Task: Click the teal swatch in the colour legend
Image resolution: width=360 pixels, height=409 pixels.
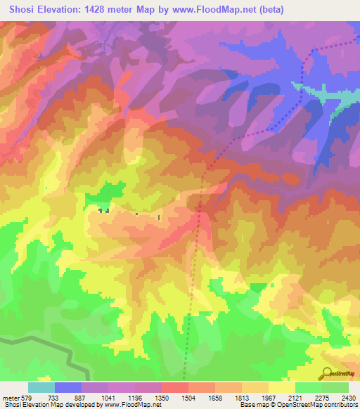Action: pyautogui.click(x=41, y=388)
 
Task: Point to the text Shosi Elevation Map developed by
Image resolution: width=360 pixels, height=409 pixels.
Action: pyautogui.click(x=49, y=404)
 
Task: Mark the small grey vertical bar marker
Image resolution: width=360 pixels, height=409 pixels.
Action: pyautogui.click(x=160, y=218)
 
